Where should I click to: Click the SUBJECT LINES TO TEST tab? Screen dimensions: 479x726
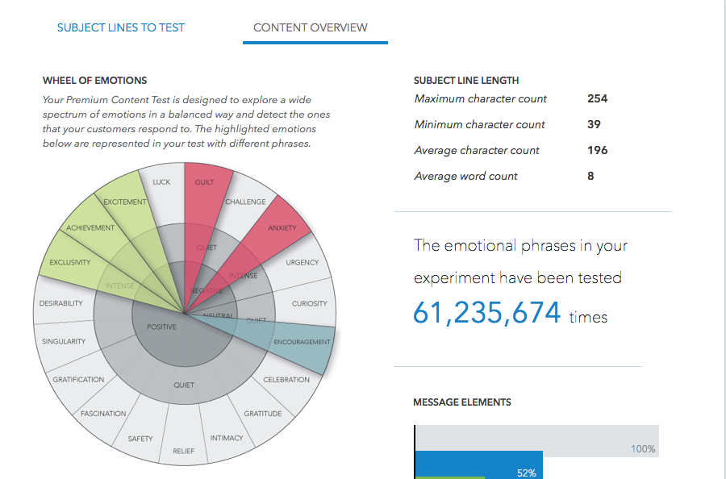tap(120, 27)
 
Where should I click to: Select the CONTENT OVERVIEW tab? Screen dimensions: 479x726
tap(310, 27)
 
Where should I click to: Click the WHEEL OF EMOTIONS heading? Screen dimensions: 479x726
tap(94, 81)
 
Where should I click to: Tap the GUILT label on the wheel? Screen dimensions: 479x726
tap(205, 182)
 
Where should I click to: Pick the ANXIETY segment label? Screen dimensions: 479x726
tap(282, 227)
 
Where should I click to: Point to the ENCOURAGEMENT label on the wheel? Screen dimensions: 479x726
tap(302, 342)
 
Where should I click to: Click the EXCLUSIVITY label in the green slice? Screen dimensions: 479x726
tap(70, 262)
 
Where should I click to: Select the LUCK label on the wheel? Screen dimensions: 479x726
tap(161, 182)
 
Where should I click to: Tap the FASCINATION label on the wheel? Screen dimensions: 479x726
tap(103, 414)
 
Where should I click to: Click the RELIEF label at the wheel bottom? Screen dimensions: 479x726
tap(183, 451)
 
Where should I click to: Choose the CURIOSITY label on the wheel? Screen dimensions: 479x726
tap(310, 304)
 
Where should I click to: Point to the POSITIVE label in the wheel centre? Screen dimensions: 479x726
tap(161, 327)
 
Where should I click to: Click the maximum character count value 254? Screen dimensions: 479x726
tap(597, 98)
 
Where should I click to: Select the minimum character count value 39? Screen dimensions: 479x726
tap(594, 124)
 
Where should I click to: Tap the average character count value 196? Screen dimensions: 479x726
tap(597, 150)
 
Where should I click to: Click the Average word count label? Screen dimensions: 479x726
tap(465, 176)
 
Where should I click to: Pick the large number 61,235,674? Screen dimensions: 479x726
tap(486, 313)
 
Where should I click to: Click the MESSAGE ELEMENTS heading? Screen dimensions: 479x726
tap(461, 402)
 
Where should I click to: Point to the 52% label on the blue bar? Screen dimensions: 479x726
tap(526, 473)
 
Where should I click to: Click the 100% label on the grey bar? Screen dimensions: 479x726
tap(643, 449)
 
